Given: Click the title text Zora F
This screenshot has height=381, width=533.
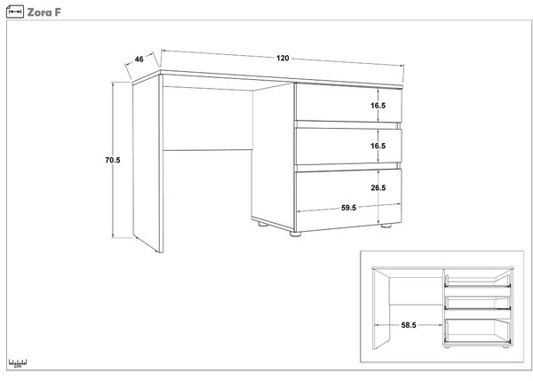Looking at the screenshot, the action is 44,12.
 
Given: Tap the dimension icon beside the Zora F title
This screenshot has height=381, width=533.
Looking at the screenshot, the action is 15,12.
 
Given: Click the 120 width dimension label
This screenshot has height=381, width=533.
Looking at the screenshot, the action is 282,58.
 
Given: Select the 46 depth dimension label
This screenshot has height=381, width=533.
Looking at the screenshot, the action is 139,60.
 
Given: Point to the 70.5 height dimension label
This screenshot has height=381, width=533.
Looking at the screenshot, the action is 113,160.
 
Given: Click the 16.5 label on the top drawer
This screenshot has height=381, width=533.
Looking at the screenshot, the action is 378,106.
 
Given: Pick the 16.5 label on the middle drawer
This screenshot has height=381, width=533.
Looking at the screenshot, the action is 378,146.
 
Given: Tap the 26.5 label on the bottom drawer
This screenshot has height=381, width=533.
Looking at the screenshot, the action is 378,187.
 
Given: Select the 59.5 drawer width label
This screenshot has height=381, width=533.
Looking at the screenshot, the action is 349,208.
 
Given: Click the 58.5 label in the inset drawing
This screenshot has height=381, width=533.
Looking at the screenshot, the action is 409,325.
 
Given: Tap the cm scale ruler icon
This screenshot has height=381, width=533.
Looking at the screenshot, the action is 18,363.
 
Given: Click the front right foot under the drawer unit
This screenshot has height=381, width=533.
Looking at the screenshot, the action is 386,226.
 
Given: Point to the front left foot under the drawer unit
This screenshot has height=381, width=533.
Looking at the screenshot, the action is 296,234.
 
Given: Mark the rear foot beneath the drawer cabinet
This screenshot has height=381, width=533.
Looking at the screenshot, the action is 263,224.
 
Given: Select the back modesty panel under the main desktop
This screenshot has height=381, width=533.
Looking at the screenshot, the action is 208,118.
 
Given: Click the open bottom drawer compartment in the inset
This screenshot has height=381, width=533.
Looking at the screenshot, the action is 477,329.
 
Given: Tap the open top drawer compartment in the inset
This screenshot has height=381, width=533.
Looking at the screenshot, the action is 478,281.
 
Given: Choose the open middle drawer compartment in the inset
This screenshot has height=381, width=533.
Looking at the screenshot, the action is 477,303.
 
